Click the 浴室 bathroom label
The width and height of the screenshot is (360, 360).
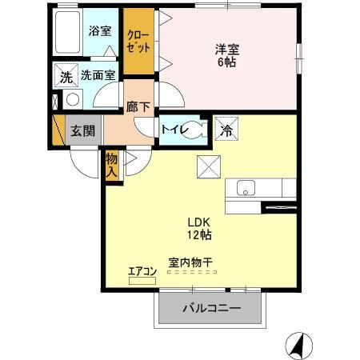tap(99, 32)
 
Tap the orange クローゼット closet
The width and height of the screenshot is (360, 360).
tap(139, 42)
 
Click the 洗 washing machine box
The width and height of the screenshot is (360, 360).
tap(65, 77)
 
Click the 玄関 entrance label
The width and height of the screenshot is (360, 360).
tap(78, 131)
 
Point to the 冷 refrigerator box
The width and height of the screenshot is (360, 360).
tap(226, 129)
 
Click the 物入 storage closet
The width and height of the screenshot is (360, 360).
tap(112, 166)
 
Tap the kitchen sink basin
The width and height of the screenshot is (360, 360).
tap(246, 189)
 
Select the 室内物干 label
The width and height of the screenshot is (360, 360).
tap(190, 262)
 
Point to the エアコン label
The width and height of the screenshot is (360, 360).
tap(142, 271)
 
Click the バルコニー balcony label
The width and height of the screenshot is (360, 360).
tap(212, 307)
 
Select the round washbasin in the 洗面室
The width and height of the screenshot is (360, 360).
tap(72, 100)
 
